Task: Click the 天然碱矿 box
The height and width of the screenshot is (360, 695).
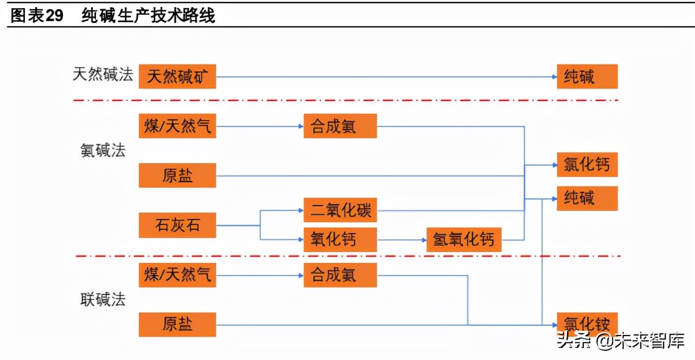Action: [177, 76]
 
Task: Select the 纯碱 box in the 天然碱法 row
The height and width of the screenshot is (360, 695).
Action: [587, 76]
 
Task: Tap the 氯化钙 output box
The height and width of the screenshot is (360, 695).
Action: [587, 164]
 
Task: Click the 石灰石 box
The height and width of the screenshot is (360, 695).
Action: [177, 226]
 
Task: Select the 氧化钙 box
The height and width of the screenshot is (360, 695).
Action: [340, 239]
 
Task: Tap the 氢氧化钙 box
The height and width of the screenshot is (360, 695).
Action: [464, 239]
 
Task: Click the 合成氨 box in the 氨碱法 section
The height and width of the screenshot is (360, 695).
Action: [340, 126]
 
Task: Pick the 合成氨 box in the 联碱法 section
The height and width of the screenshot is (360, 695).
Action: [340, 275]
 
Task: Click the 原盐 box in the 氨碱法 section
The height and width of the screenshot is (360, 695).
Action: [177, 175]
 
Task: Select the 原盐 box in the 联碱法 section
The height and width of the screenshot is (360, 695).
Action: [177, 324]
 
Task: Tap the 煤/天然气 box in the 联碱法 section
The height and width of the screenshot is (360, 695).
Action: [177, 275]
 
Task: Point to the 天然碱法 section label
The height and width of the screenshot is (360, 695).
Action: [103, 75]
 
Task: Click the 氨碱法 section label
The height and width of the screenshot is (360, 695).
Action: [103, 151]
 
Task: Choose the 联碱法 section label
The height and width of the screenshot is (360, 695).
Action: [103, 300]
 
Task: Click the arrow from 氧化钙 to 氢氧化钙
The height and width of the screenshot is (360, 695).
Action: [402, 239]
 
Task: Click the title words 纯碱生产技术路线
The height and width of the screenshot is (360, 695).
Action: [149, 16]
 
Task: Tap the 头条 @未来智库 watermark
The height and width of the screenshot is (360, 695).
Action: [621, 341]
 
